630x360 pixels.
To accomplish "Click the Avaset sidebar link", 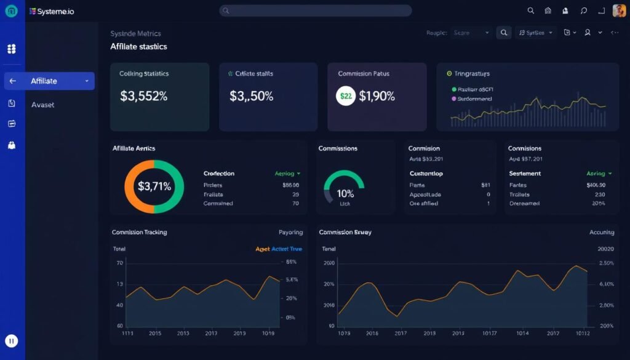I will (42, 105).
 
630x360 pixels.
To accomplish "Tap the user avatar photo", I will (619, 11).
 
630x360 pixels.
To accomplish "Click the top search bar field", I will (315, 10).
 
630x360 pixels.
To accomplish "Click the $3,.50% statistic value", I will (252, 96).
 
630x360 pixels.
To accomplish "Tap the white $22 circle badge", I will (346, 96).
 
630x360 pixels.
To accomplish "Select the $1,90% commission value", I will (377, 96).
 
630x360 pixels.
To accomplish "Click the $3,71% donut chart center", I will (154, 186).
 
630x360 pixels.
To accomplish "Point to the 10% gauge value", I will (345, 193).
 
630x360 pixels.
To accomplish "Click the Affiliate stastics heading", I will (138, 47).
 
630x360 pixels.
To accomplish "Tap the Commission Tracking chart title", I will (139, 233).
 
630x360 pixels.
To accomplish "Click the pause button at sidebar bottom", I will (11, 340).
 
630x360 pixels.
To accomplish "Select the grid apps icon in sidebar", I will (11, 49).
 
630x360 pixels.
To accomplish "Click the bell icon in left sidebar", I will (12, 145).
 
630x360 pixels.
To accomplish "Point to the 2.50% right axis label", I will (606, 263).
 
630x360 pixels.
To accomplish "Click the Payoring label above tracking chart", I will (290, 233).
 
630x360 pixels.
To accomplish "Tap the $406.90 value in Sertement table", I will (596, 185).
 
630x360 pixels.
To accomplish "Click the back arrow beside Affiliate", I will (12, 81).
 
